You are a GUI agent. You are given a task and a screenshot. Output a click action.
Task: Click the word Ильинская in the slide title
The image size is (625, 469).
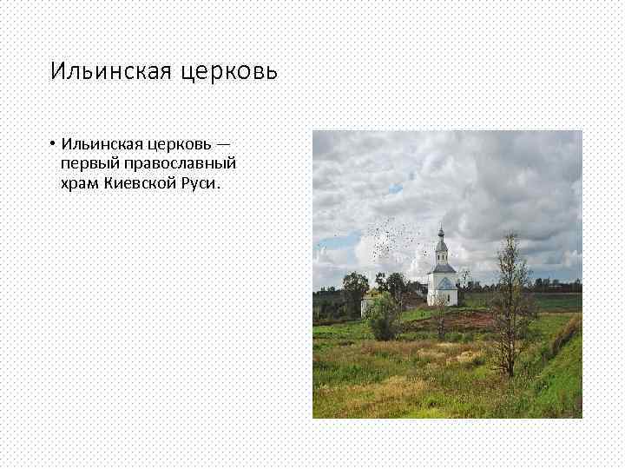112,70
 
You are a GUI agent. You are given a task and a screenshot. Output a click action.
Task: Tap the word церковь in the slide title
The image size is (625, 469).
229,71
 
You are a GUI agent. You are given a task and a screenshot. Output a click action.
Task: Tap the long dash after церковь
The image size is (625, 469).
225,143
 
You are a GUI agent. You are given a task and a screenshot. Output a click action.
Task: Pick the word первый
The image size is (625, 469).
89,163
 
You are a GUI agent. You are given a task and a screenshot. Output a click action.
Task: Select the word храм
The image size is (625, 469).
79,183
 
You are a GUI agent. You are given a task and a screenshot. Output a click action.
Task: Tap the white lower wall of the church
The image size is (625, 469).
443,296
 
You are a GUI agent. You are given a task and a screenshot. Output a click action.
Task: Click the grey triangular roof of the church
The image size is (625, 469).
443,282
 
